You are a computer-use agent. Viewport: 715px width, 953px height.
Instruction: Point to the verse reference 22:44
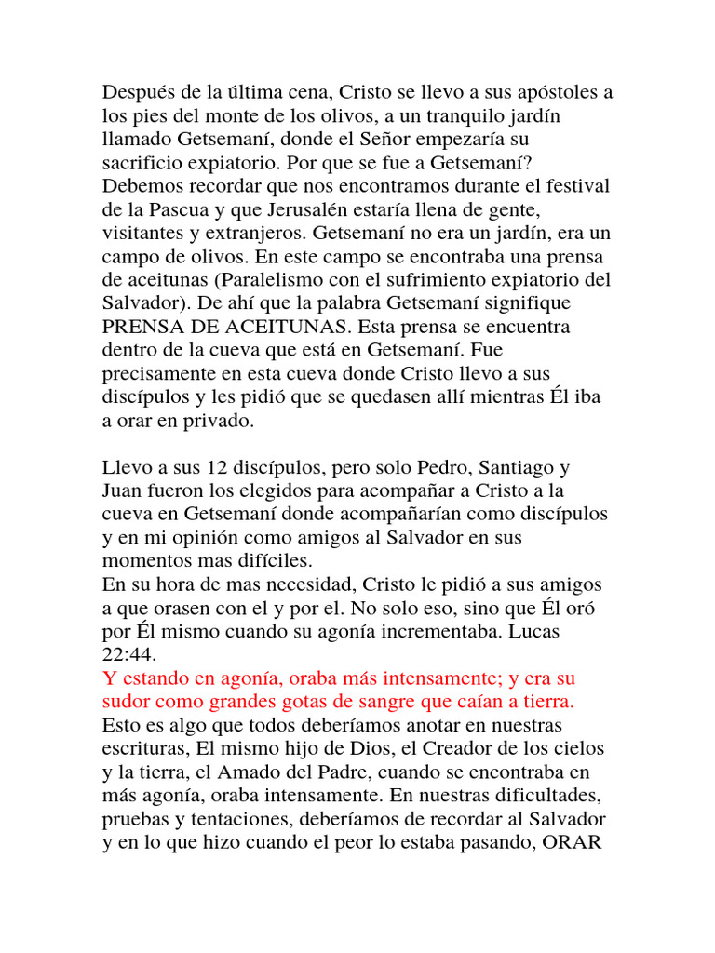tap(124, 654)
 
